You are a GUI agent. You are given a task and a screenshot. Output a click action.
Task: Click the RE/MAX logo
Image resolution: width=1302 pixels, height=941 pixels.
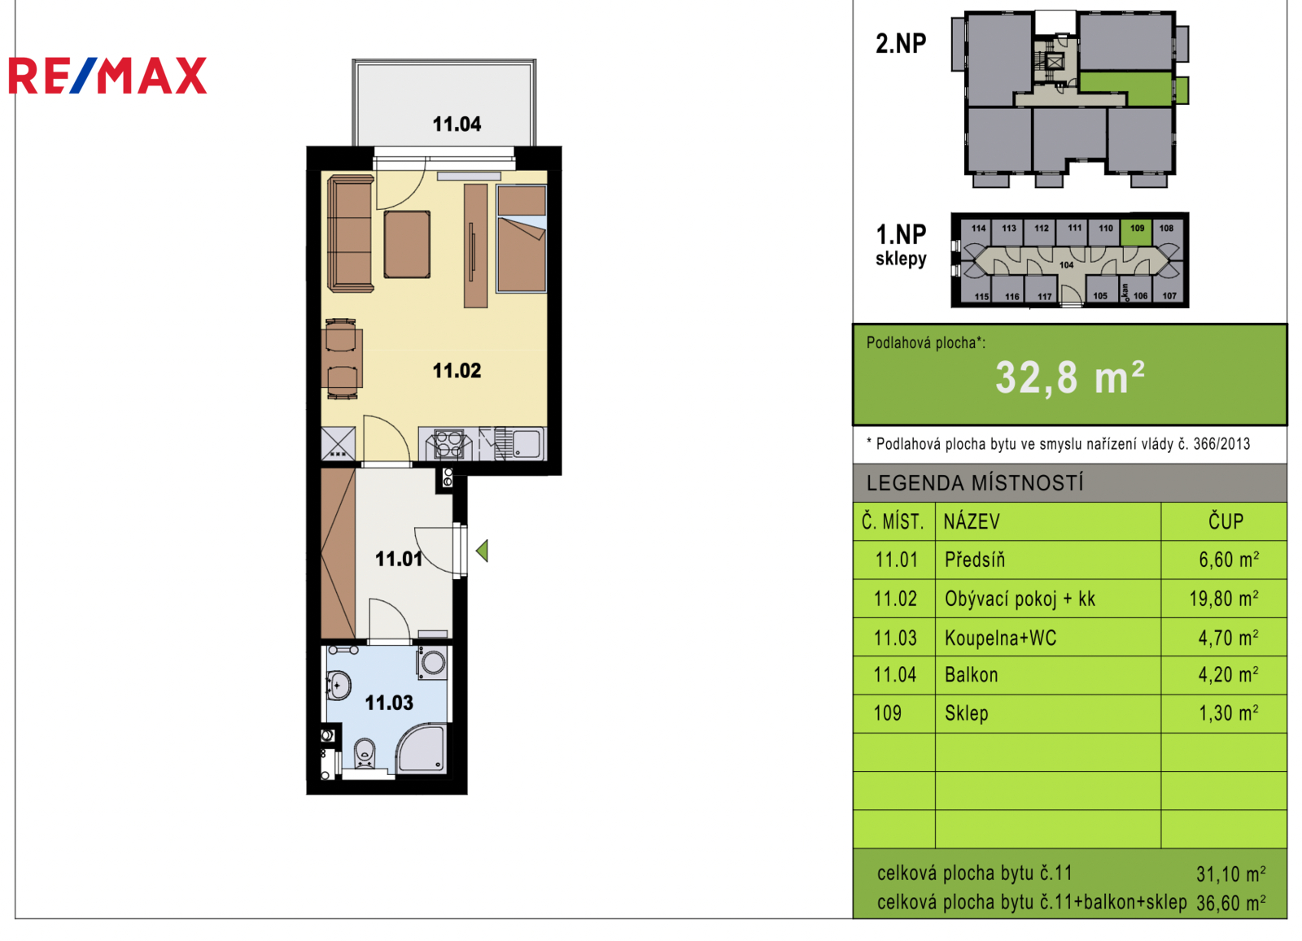(x=107, y=76)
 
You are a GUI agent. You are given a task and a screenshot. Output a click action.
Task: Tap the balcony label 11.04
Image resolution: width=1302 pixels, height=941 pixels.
(x=457, y=124)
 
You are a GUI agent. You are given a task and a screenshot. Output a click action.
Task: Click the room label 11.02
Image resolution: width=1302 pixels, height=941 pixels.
(x=457, y=371)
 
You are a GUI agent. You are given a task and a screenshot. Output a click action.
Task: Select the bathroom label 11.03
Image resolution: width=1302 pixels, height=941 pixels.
(x=389, y=703)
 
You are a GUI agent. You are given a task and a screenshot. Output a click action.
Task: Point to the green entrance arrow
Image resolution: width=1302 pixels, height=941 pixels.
(x=482, y=551)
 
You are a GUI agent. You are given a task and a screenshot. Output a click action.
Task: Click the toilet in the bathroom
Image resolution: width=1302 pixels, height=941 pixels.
(x=365, y=753)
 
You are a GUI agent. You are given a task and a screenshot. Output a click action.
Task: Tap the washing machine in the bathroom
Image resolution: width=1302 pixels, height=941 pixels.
(x=432, y=662)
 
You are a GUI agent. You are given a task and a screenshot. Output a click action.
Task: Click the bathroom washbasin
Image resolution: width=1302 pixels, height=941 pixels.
(x=339, y=686)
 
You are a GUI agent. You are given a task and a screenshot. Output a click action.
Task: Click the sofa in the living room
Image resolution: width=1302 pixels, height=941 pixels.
(x=351, y=233)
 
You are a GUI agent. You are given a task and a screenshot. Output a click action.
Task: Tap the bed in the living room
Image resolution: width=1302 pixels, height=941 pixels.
(x=522, y=239)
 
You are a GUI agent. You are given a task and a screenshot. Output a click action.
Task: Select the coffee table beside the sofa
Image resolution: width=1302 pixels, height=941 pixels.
(x=407, y=245)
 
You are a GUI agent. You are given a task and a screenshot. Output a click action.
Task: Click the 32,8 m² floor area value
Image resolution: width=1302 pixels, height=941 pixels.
(x=1070, y=378)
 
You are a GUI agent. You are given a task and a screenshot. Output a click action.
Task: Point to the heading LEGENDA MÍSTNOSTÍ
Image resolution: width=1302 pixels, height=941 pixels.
(x=975, y=483)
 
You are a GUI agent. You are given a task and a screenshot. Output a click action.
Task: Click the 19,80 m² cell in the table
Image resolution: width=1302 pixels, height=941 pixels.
(x=1224, y=599)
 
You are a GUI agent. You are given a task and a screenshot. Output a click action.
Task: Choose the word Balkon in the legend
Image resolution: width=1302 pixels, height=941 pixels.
(x=972, y=675)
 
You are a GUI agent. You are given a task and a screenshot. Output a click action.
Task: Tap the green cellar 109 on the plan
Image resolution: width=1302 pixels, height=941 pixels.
(x=1137, y=229)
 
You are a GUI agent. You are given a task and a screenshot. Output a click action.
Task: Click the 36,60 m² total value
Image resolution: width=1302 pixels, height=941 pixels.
(x=1230, y=904)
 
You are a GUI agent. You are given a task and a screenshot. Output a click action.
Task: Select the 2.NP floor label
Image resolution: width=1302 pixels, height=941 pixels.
(x=901, y=44)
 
